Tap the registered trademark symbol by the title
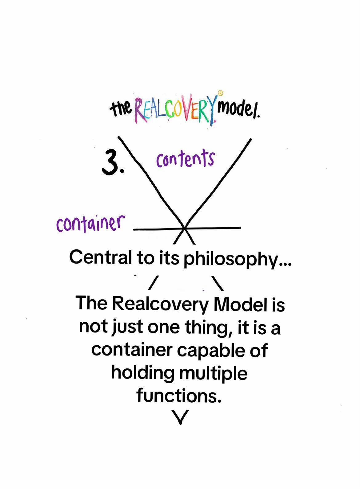pos(221,93)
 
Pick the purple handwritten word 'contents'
pos(186,158)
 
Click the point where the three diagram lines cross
pos(185,228)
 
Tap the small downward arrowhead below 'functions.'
pos(180,417)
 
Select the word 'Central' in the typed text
pos(101,258)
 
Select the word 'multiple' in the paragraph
pos(214,375)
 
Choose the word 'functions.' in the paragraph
pos(179,396)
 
